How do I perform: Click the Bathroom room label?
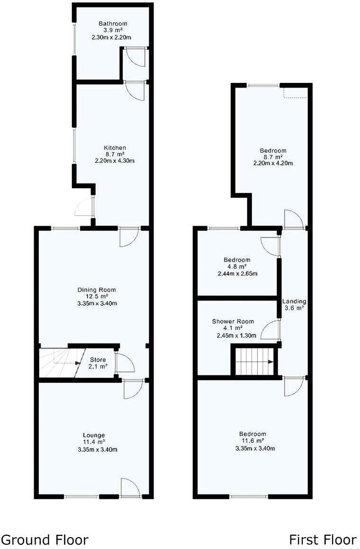click(113, 24)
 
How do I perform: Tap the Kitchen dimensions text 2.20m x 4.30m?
click(115, 161)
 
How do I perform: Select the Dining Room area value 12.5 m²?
click(97, 296)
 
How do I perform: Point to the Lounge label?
click(94, 435)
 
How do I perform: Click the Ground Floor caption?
click(45, 540)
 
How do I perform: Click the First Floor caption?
click(323, 540)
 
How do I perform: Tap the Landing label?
click(294, 301)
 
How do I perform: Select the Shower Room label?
click(233, 321)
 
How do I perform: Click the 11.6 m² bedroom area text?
click(252, 441)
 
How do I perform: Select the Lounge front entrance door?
click(131, 487)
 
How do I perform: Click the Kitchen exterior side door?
click(85, 207)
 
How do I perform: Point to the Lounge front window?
click(81, 496)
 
